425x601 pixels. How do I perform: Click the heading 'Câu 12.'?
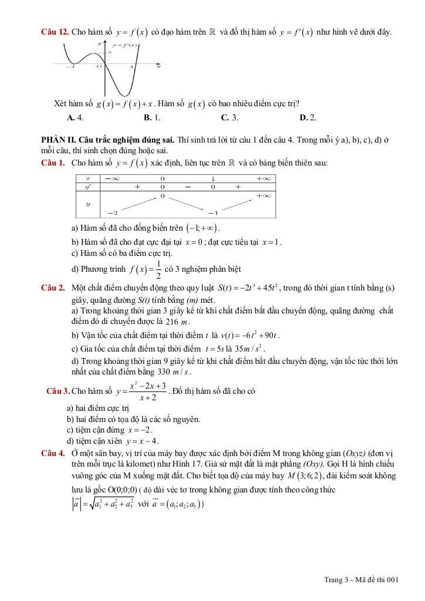tap(55, 32)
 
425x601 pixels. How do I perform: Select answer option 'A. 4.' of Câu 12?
tap(75, 117)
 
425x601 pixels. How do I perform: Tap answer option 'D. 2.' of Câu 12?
tap(308, 117)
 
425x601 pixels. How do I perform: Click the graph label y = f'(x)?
tap(124, 45)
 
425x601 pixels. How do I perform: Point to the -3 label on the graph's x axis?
tap(70, 67)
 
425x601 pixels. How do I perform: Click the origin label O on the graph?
tap(99, 67)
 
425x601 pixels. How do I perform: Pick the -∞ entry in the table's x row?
tap(113, 177)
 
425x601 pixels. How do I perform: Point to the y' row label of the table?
tap(88, 186)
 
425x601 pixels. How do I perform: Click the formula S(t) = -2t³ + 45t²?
tap(248, 288)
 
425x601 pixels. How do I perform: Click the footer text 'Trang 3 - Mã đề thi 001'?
tap(361, 580)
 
